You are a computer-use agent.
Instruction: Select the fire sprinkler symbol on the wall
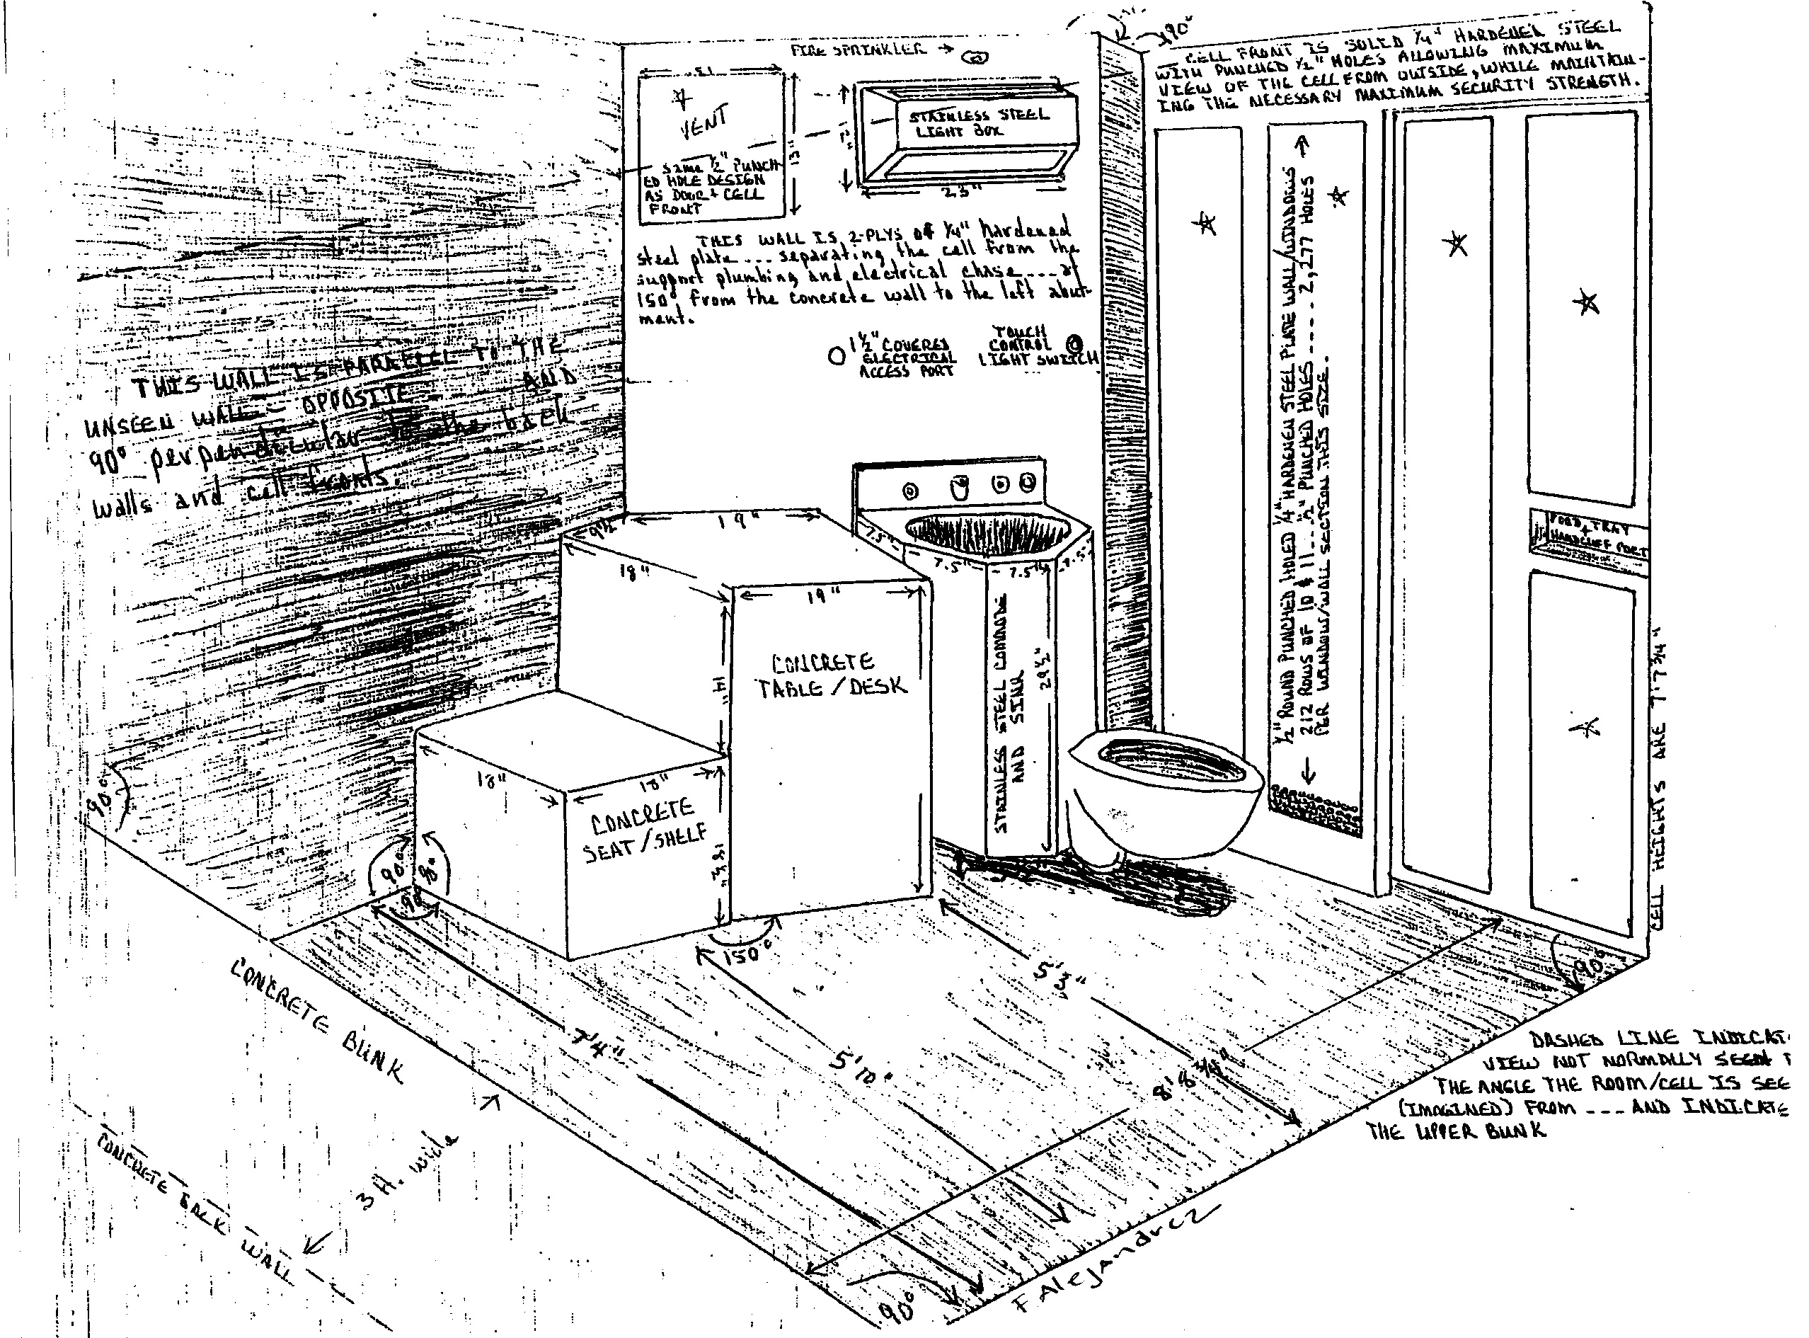pyautogui.click(x=977, y=57)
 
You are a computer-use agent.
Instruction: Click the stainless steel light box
pyautogui.click(x=967, y=134)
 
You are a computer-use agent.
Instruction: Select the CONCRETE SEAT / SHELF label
pyautogui.click(x=645, y=831)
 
